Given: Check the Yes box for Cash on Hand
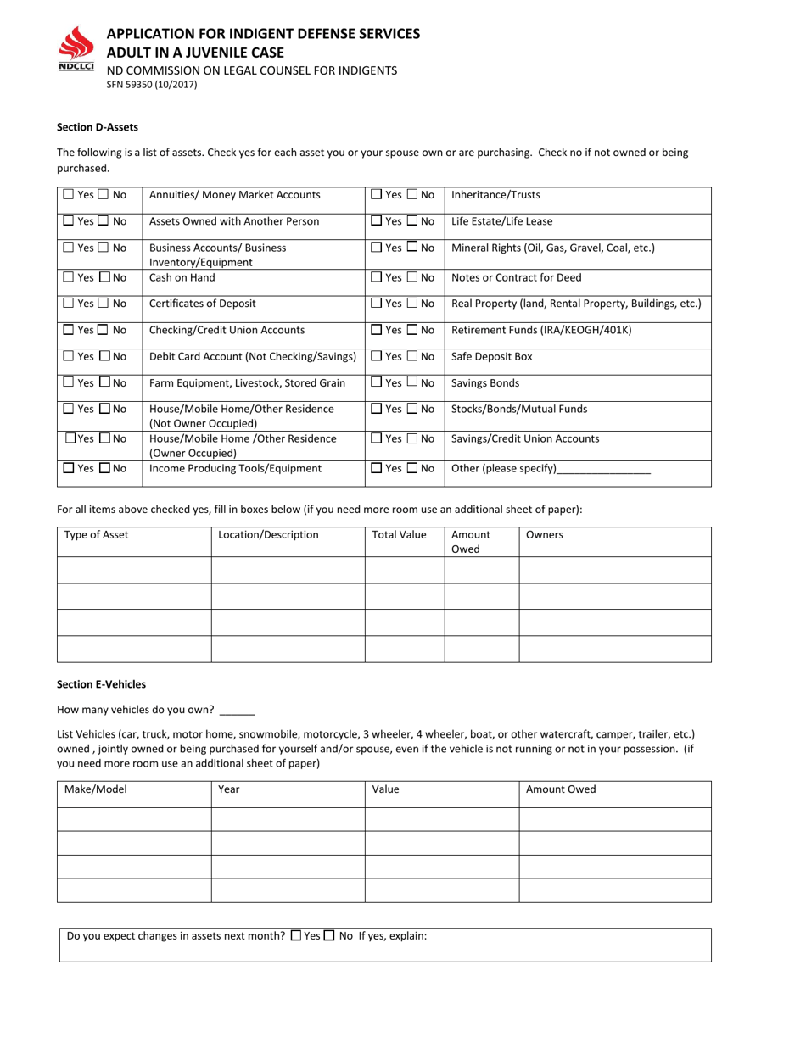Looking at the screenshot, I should click(x=69, y=277).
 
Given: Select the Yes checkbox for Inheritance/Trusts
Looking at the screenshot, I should click(x=377, y=194).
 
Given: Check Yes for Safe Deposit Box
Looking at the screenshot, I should click(x=377, y=356).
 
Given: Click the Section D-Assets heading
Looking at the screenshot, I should click(x=98, y=127).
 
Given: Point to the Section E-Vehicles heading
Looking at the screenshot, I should click(x=101, y=683).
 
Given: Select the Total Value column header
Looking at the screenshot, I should click(x=399, y=535).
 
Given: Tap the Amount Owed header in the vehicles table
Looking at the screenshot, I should click(x=561, y=789).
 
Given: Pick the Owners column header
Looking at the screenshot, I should click(x=545, y=535).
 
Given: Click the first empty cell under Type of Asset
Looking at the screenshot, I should click(x=133, y=570).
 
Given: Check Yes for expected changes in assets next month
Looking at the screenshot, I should click(x=295, y=936).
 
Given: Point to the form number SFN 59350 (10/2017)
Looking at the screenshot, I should click(x=151, y=85).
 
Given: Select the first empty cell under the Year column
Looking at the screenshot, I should click(x=288, y=819).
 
